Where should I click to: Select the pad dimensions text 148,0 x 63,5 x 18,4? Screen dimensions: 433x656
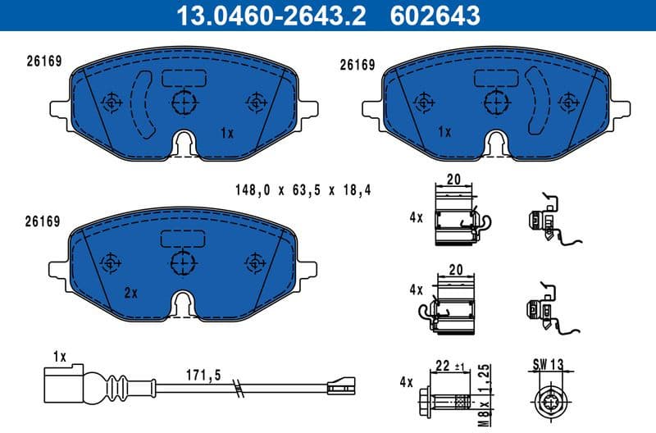click(x=303, y=190)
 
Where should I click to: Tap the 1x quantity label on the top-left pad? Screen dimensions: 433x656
click(x=227, y=132)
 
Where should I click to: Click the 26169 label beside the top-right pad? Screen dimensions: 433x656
click(x=357, y=63)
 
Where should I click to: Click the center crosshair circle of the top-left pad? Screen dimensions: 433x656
click(x=184, y=103)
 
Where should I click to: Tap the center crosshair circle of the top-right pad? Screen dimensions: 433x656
click(x=495, y=103)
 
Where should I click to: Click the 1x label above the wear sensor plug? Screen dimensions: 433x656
click(x=58, y=356)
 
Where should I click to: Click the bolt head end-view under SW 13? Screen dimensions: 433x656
click(x=549, y=401)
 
